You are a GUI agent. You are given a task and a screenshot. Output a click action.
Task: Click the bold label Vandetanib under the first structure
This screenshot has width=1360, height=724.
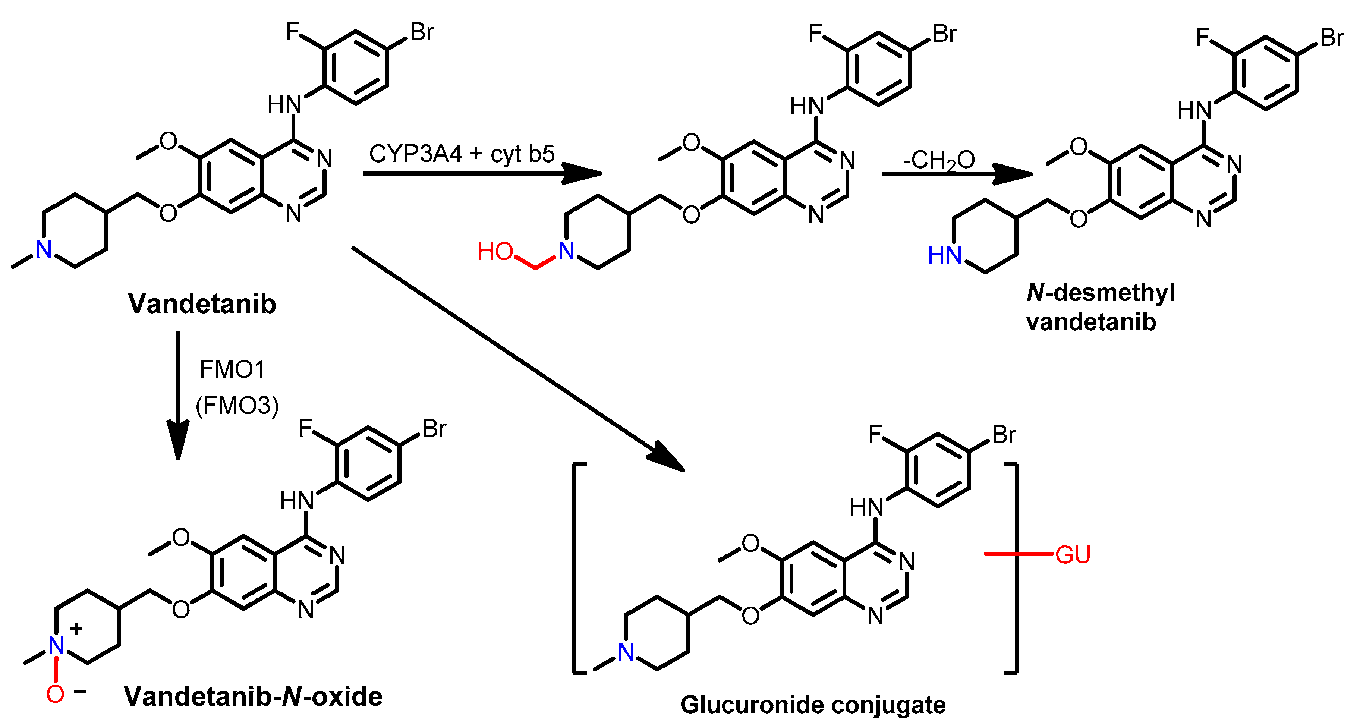[202, 304]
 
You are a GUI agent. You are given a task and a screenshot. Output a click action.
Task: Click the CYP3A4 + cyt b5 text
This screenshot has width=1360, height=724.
[462, 154]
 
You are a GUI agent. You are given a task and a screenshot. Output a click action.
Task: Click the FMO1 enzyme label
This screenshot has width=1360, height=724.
[232, 370]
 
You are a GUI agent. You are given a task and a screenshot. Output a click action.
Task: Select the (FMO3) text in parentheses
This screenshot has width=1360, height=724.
[237, 406]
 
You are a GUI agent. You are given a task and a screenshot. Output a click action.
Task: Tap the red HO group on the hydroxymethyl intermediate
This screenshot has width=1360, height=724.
[495, 252]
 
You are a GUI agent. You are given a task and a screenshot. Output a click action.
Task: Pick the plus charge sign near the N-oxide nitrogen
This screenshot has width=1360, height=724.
[76, 629]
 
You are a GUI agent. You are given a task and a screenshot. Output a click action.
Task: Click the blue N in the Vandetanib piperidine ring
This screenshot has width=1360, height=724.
[44, 250]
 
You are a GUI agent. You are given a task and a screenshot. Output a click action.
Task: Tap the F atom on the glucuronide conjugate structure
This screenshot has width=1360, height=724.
[875, 435]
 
